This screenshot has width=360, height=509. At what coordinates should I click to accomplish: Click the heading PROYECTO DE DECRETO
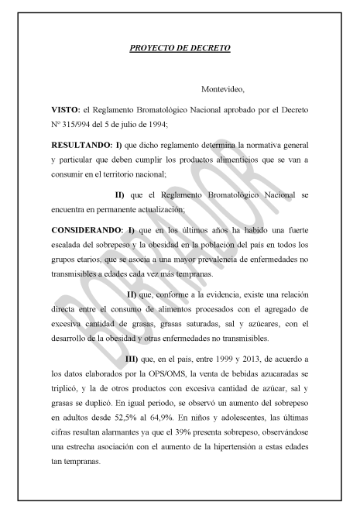pos(180,49)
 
